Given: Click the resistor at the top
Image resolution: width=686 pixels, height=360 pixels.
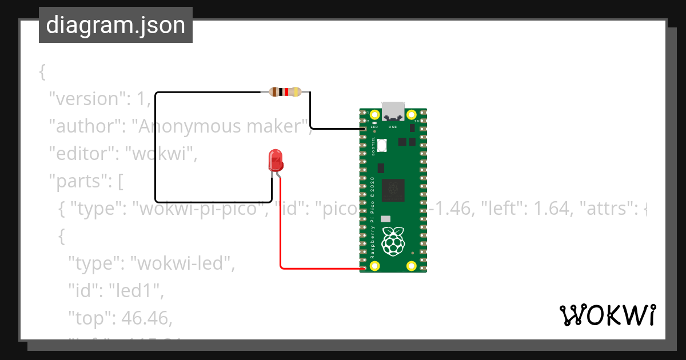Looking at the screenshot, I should pos(285,91).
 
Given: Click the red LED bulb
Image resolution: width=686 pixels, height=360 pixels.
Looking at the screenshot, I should pos(276,160).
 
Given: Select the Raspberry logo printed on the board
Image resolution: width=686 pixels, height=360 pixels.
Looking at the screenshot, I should pos(393,241).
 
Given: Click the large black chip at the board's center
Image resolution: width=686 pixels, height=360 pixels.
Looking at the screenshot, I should pos(393,190).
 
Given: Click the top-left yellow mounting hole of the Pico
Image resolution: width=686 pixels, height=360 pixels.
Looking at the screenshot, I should pos(375,115).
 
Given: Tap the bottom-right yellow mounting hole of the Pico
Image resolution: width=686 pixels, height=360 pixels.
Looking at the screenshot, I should pos(411,265).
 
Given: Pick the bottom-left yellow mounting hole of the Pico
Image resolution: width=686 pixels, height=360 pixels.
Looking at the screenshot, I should pos(375,265).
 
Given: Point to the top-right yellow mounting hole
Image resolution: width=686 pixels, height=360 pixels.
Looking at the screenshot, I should pos(411,115).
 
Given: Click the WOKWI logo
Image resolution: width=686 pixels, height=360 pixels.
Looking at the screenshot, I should pos(607,315).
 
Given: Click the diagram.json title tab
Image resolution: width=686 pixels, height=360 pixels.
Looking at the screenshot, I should pos(115,25).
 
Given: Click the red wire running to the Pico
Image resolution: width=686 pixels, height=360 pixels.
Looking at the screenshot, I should pos(281,229).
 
